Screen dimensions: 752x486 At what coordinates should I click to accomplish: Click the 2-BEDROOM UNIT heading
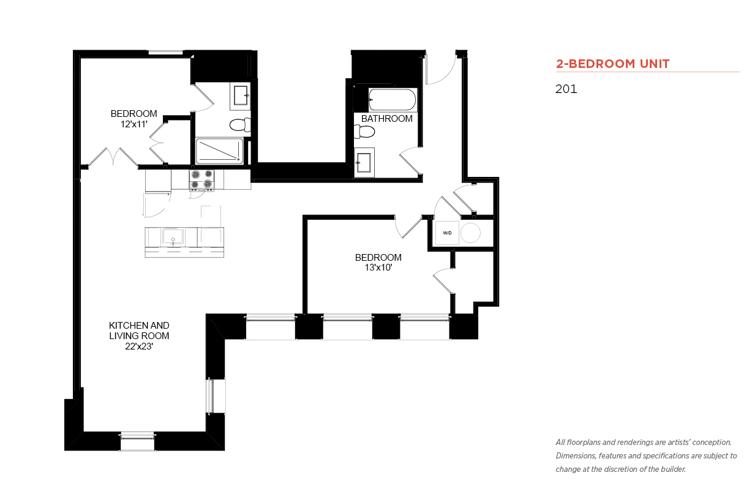coord(612,64)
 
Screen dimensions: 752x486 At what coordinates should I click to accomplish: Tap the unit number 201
coord(566,89)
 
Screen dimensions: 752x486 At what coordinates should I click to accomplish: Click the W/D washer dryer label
coord(447,233)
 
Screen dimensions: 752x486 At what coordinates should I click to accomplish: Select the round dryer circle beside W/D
coord(470,233)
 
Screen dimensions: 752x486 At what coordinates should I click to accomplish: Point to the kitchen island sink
coord(173,236)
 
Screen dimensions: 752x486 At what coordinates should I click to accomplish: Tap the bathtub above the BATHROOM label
coord(392,100)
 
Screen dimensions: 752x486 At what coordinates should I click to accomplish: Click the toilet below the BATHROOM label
coord(364,132)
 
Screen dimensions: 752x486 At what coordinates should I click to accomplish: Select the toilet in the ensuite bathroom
coord(240,125)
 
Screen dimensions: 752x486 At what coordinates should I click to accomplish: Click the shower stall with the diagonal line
coord(220,151)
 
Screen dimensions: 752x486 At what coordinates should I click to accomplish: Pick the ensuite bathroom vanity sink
coord(241,95)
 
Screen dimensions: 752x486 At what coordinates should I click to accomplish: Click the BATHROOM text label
coord(387,119)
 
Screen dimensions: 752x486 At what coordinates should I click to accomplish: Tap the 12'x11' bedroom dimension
coord(134,124)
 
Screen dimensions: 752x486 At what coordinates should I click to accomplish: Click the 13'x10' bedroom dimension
coord(378,267)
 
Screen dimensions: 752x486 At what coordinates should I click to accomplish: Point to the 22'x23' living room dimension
coord(139,346)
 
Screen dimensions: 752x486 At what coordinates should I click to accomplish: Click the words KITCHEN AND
coord(139,325)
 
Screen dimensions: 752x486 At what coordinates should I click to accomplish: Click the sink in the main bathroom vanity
coord(364,162)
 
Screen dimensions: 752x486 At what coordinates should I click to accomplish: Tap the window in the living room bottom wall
coord(137,441)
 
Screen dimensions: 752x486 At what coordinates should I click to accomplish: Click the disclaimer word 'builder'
coord(673,469)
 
